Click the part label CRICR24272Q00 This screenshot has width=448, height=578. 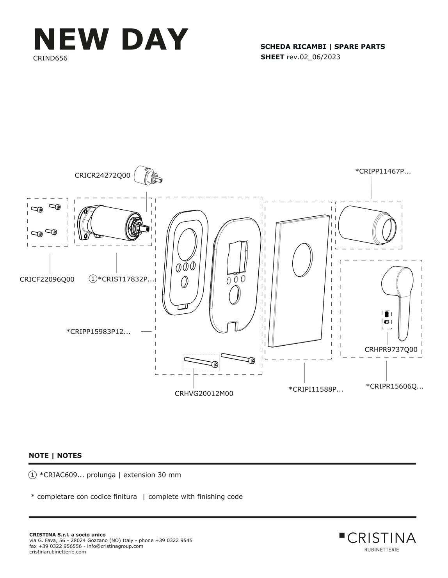pos(103,175)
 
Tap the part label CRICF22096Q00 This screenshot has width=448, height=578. pos(47,279)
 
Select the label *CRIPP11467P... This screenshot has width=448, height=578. pos(383,171)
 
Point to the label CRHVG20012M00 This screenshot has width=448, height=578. pos(204,393)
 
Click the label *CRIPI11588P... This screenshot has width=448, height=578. pos(316,389)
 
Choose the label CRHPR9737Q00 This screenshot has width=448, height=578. pos(391,349)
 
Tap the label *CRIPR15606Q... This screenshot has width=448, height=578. pos(395,386)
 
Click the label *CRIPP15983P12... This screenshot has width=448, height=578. pos(98,331)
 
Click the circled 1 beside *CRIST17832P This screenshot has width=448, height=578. pos(93,279)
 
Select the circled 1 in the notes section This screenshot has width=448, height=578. pos(32,475)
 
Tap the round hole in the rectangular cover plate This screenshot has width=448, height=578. pos(302,259)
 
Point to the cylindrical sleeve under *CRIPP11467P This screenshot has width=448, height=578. pos(368,225)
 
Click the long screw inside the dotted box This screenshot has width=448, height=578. pos(201,362)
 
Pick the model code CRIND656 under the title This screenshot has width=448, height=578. pos(50,58)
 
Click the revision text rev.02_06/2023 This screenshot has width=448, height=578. pos(313,57)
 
